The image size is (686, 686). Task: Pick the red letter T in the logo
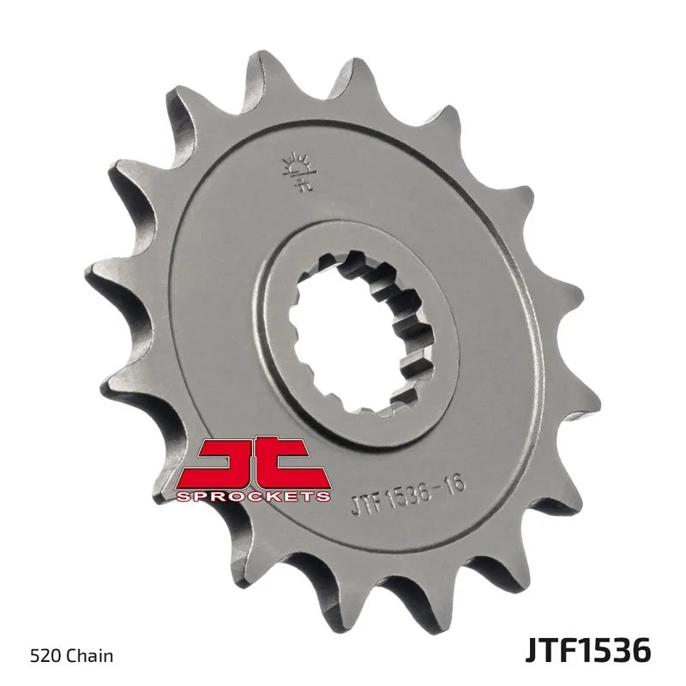pyautogui.click(x=292, y=464)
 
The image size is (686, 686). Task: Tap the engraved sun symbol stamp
pyautogui.click(x=295, y=166)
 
